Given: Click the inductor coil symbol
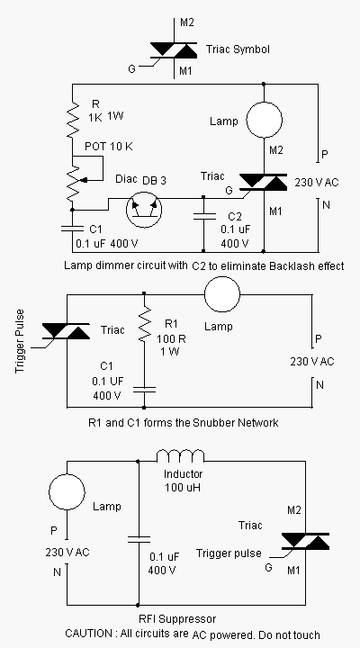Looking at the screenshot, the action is (x=180, y=455).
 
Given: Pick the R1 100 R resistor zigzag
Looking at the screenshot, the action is (x=144, y=320).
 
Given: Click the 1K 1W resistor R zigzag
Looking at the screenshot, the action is (x=73, y=121).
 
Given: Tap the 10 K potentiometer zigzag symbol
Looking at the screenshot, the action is (x=73, y=182).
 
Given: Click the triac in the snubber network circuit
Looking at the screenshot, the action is (x=66, y=331).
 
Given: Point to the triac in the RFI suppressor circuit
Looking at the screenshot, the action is (x=305, y=541).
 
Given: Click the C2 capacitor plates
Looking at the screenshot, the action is (x=203, y=217).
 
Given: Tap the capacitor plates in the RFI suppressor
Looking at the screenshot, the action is (x=138, y=539).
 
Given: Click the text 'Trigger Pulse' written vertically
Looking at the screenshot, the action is (x=20, y=341).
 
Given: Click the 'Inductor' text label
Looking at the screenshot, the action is (x=183, y=473).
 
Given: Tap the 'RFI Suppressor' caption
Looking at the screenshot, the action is (x=177, y=618).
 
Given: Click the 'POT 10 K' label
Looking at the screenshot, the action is (x=109, y=147).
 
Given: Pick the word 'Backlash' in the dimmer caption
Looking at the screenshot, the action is (x=288, y=265).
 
